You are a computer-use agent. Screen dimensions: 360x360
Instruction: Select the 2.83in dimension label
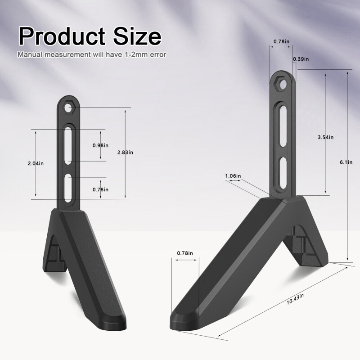click(125, 153)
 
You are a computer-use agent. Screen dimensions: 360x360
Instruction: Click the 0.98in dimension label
click(100, 145)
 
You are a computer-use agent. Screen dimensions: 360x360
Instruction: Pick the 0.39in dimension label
click(301, 59)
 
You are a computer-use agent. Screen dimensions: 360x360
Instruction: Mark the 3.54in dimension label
click(325, 137)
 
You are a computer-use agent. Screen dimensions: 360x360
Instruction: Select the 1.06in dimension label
click(233, 175)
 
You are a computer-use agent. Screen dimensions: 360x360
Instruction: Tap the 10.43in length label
click(295, 299)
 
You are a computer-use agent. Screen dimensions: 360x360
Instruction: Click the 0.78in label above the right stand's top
click(281, 42)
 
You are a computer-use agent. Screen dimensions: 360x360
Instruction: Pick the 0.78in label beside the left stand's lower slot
click(100, 189)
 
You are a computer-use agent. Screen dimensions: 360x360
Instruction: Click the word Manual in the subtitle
click(30, 55)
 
